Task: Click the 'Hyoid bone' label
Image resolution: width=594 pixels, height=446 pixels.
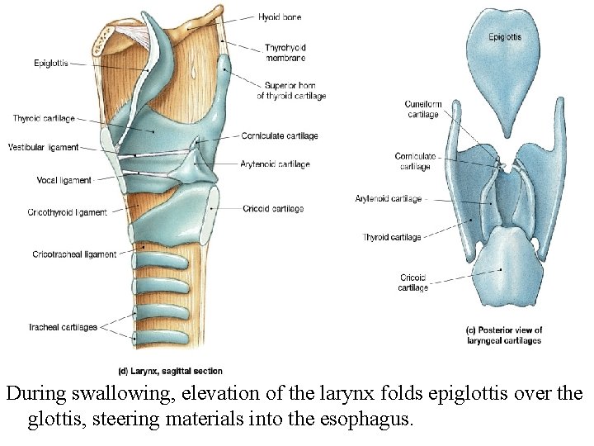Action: [280, 17]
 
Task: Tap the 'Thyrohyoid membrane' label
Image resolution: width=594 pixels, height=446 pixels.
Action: [285, 53]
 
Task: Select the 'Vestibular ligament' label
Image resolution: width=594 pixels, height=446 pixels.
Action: [43, 148]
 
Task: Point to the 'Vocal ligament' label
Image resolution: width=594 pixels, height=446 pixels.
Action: [64, 180]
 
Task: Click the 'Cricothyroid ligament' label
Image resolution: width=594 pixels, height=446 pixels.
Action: [67, 213]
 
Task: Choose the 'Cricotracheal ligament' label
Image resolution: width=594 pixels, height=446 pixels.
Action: [74, 254]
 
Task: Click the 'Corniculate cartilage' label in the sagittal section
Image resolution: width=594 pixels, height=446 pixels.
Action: [280, 136]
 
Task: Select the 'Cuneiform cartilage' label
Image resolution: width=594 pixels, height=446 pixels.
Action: [423, 110]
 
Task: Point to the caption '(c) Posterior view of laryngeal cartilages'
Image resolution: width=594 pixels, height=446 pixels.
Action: [504, 335]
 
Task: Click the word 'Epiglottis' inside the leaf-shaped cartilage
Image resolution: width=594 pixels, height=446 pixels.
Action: [504, 37]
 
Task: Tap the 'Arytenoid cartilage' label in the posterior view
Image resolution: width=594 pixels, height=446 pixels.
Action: [388, 199]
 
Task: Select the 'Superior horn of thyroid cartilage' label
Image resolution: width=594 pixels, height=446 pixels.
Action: [290, 91]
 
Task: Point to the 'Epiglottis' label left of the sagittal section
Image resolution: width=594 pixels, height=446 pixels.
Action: [51, 63]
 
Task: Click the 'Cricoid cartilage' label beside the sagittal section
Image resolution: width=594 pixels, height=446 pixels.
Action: [273, 209]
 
